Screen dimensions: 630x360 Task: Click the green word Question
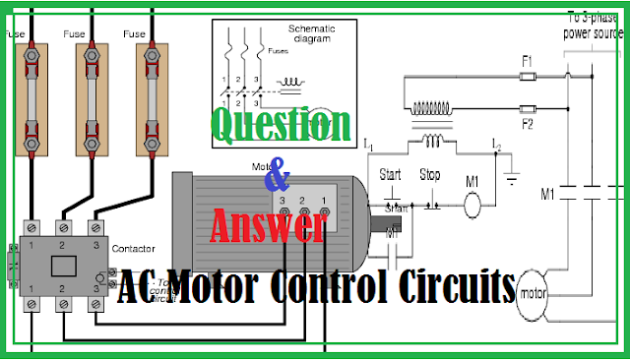coord(280,126)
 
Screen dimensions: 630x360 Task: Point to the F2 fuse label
coord(527,123)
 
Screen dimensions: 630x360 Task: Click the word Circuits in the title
coord(457,288)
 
